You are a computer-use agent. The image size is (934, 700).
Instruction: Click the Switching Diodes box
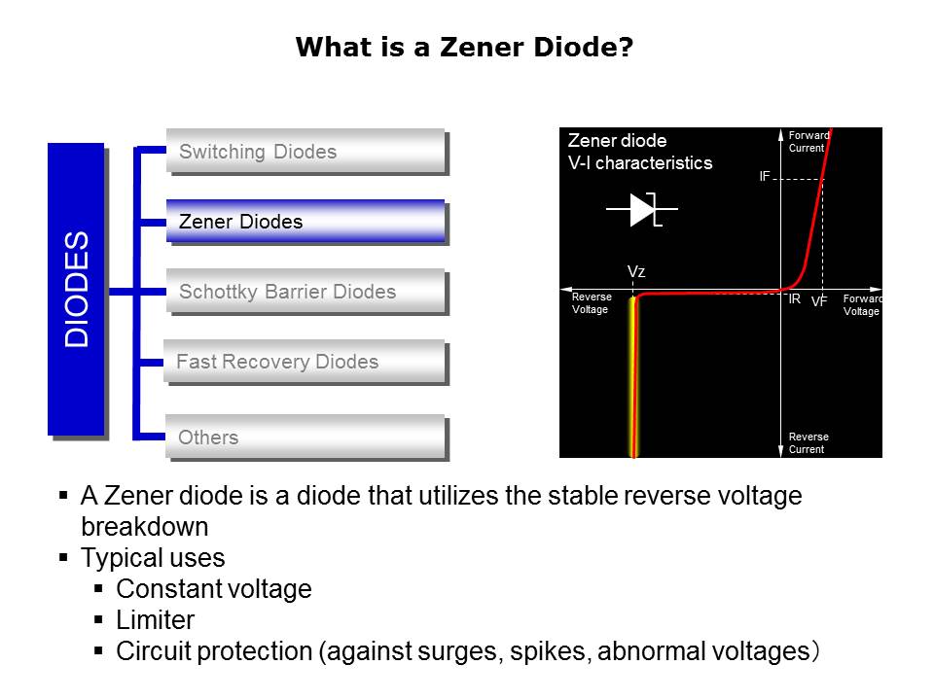point(305,151)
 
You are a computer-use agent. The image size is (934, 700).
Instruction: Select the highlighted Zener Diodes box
point(305,221)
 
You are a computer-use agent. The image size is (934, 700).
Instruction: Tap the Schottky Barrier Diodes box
point(305,291)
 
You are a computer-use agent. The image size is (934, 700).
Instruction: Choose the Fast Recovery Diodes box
point(305,362)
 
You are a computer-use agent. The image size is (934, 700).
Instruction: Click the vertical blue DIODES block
point(76,290)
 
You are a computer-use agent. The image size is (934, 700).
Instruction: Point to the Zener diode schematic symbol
point(642,210)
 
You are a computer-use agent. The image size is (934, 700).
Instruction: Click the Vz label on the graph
point(636,271)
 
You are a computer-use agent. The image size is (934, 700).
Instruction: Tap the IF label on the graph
point(765,176)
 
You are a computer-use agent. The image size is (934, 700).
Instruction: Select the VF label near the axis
point(819,301)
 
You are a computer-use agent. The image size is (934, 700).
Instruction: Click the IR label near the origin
point(795,298)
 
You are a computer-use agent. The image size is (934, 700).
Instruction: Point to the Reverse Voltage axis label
point(592,303)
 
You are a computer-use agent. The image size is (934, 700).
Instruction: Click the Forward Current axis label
point(808,142)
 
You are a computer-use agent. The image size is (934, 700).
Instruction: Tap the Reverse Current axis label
point(808,443)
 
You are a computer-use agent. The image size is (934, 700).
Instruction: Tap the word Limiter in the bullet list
point(155,619)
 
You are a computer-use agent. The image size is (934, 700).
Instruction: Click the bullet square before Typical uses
point(64,557)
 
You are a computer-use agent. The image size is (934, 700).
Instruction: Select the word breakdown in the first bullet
point(145,526)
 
